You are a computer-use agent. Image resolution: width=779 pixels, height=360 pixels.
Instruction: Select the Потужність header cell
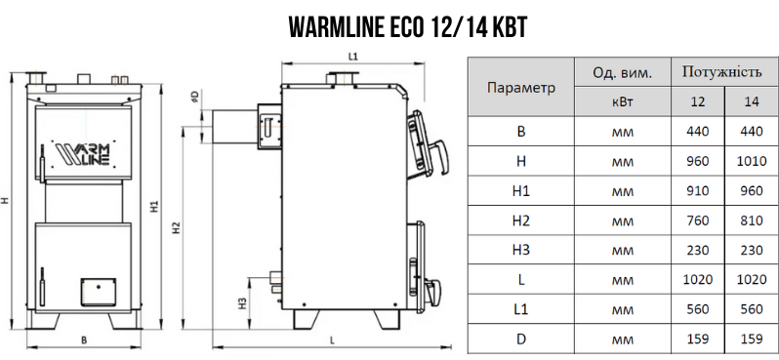point(721,71)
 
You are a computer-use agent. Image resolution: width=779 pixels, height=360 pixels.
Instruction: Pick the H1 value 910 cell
point(698,191)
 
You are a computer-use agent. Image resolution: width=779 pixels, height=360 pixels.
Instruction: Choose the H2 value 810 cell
point(751,220)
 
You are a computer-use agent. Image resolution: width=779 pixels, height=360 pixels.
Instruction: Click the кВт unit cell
point(622,101)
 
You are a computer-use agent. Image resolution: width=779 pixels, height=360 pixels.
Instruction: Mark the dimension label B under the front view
point(85,340)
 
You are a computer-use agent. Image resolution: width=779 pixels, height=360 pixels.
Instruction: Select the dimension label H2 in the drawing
point(176,228)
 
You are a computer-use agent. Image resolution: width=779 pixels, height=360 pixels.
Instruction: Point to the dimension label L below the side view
point(333,340)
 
